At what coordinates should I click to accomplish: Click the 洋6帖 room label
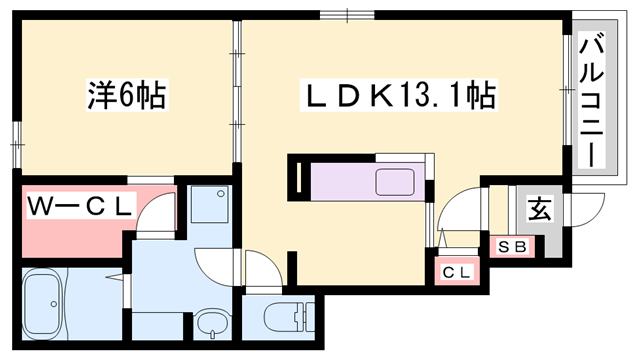click(x=124, y=96)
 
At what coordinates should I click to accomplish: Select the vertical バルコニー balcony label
click(x=590, y=101)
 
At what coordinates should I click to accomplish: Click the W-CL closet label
click(x=79, y=207)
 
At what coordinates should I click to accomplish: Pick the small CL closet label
click(x=456, y=270)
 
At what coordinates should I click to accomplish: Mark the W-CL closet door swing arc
click(x=155, y=212)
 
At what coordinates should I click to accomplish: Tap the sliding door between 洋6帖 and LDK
click(x=238, y=95)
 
